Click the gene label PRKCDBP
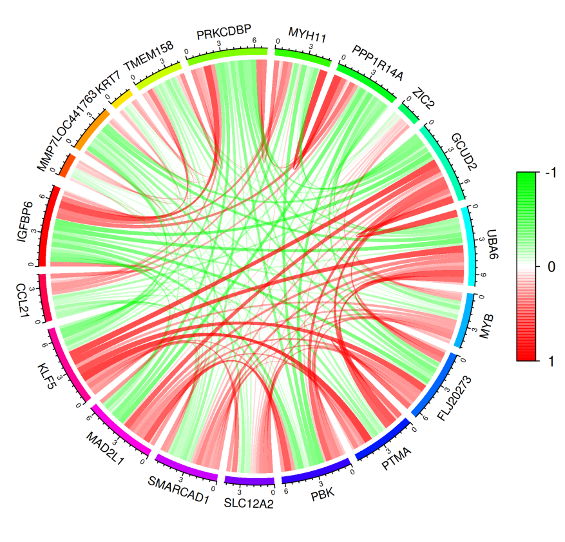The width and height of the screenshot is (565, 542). [x=224, y=33]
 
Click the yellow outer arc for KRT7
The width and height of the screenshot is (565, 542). [x=120, y=98]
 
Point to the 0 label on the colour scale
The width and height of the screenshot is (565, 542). [x=550, y=266]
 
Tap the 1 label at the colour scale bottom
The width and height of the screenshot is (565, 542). [x=550, y=360]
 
